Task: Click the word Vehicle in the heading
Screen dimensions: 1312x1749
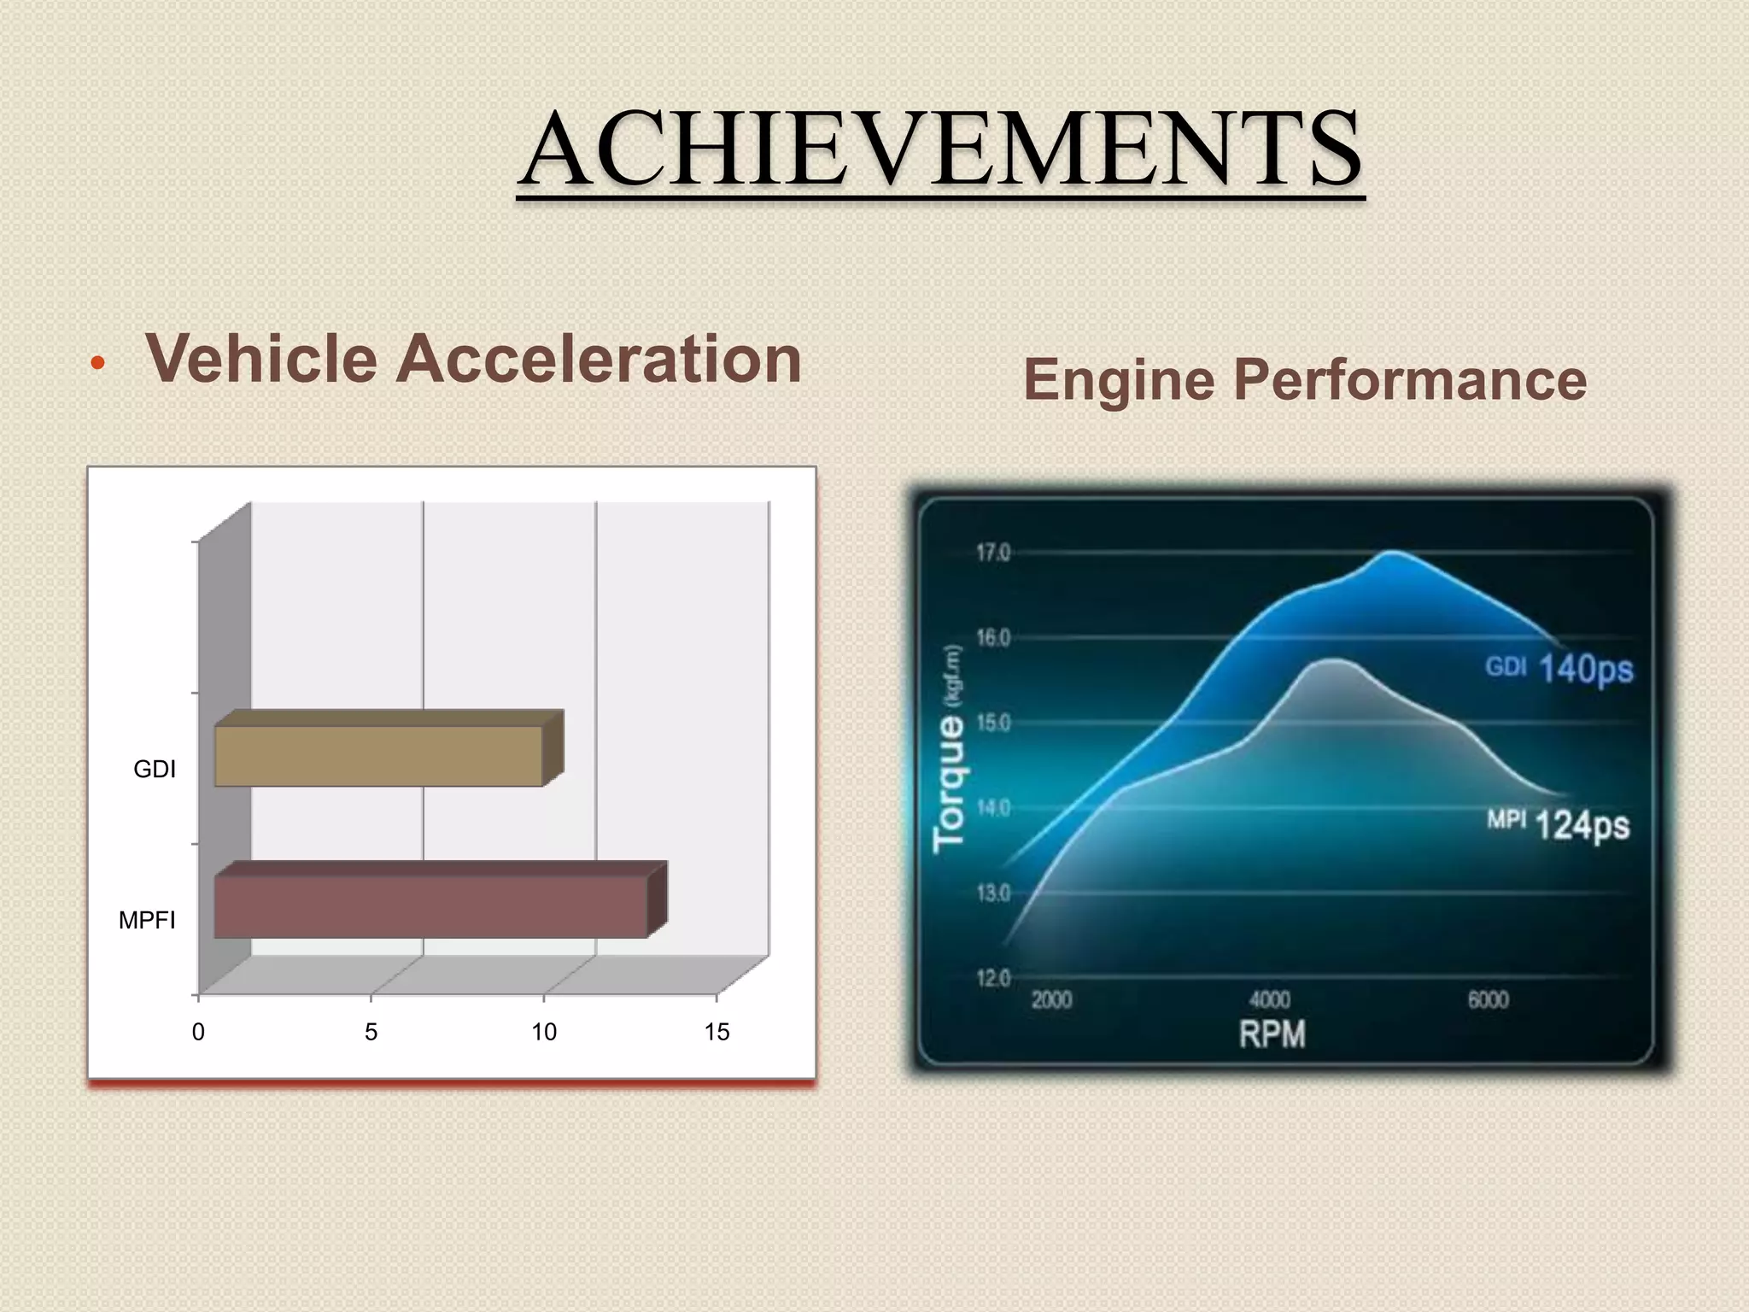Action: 261,359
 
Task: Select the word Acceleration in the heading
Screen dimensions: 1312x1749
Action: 598,359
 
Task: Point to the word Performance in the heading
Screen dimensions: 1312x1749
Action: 1409,380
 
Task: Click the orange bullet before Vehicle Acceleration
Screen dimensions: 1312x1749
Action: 97,364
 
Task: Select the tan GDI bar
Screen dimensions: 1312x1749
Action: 378,756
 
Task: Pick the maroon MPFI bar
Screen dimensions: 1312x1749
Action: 430,906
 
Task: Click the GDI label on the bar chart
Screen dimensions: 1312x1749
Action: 155,770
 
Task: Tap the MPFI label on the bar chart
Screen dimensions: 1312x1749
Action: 147,921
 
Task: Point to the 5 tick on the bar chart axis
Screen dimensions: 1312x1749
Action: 371,1033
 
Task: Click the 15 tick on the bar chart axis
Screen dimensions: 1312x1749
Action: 717,1033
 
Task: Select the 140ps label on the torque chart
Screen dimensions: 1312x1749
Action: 1586,669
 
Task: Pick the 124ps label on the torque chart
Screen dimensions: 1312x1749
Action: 1582,825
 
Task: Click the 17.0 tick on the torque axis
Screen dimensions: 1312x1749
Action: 993,553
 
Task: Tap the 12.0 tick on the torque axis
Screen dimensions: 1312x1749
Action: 993,977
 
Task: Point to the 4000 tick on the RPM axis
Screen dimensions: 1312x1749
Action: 1270,999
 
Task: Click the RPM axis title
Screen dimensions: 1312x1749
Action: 1272,1034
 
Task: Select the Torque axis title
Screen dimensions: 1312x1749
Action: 949,784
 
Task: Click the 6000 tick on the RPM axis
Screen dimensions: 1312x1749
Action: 1488,999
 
